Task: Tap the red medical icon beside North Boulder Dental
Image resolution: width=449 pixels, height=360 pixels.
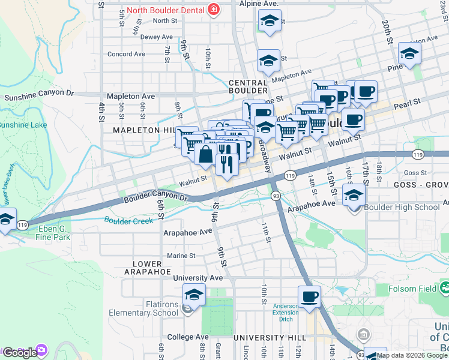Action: pos(212,9)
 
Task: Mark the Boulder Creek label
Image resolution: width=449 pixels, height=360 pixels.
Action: pos(129,221)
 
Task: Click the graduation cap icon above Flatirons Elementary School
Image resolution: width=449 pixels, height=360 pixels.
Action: pos(194,295)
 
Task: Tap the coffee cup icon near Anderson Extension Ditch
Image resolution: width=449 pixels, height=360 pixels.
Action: pos(309,296)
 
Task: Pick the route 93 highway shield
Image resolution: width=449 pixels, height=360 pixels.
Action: pos(276,196)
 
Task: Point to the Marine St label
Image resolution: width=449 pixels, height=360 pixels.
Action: pos(182,255)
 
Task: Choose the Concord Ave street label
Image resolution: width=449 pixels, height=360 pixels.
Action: pos(126,54)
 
